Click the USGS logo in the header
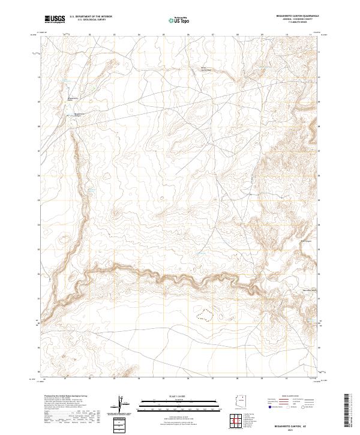pos(55,19)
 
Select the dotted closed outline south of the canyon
pos(206,314)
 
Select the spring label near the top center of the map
pos(206,68)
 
